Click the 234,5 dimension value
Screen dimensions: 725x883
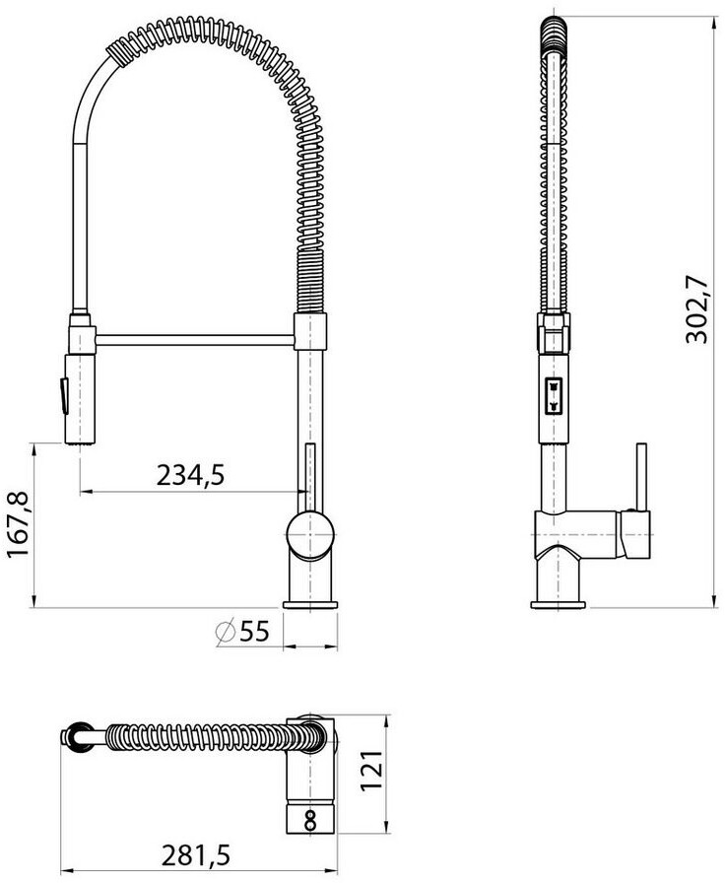pyautogui.click(x=190, y=475)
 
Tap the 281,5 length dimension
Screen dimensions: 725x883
pyautogui.click(x=196, y=856)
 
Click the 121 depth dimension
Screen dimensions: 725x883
pyautogui.click(x=371, y=771)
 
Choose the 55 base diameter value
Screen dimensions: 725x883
pyautogui.click(x=254, y=632)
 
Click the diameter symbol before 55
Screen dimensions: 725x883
pyautogui.click(x=226, y=632)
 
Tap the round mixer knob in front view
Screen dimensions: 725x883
pyautogui.click(x=310, y=534)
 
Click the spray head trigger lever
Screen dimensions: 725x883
pyautogui.click(x=64, y=396)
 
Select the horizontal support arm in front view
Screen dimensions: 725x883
pyautogui.click(x=195, y=340)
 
